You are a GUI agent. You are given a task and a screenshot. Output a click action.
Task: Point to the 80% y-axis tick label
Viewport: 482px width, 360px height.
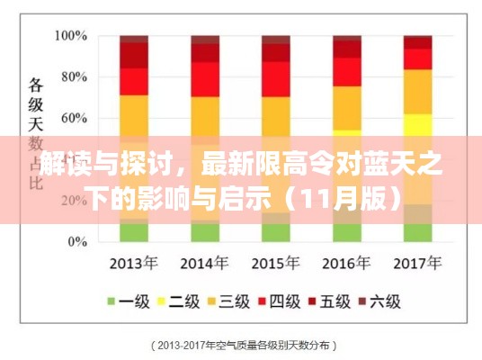(x=70, y=77)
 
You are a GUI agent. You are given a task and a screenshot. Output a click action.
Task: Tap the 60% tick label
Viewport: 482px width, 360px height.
(x=70, y=118)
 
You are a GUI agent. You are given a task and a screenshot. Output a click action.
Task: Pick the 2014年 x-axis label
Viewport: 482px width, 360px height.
(x=205, y=264)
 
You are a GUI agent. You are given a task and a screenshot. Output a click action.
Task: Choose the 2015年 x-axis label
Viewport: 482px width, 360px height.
(x=275, y=264)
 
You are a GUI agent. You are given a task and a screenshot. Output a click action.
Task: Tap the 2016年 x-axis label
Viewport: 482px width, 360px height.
(x=346, y=264)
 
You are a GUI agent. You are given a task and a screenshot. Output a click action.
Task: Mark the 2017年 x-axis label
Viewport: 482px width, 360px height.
(x=416, y=264)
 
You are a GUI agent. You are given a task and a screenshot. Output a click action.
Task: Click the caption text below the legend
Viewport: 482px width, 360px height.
(x=241, y=345)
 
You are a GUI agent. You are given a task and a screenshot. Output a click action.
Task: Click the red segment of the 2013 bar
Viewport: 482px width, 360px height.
(x=134, y=81)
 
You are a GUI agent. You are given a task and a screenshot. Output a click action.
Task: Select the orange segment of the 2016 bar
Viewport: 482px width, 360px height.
(x=345, y=103)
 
